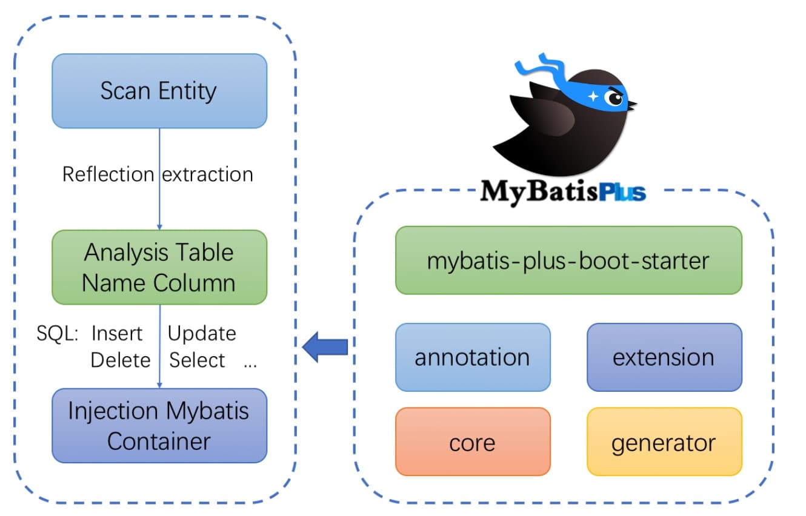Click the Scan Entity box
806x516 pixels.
pyautogui.click(x=159, y=91)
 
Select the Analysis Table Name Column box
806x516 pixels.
pyautogui.click(x=159, y=267)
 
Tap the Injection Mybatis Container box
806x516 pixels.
pyautogui.click(x=159, y=425)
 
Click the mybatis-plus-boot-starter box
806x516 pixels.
pyautogui.click(x=568, y=260)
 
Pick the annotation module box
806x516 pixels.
pyautogui.click(x=472, y=357)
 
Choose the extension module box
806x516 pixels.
pyautogui.click(x=664, y=357)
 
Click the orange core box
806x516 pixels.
pyautogui.click(x=472, y=442)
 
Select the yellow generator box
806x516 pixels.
pyautogui.click(x=664, y=442)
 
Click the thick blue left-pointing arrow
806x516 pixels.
pyautogui.click(x=325, y=347)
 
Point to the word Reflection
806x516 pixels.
pyautogui.click(x=108, y=174)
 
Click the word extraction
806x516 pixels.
pyautogui.click(x=207, y=174)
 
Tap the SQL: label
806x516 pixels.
pyautogui.click(x=58, y=334)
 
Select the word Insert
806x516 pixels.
pyautogui.click(x=117, y=334)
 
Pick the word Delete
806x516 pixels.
pyautogui.click(x=120, y=360)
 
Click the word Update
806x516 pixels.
pyautogui.click(x=202, y=334)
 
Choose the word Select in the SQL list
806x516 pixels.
pyautogui.click(x=197, y=360)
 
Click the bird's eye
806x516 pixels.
pyautogui.click(x=615, y=98)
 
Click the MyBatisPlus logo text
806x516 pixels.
pyautogui.click(x=563, y=192)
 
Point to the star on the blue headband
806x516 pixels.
pyautogui.click(x=593, y=96)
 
